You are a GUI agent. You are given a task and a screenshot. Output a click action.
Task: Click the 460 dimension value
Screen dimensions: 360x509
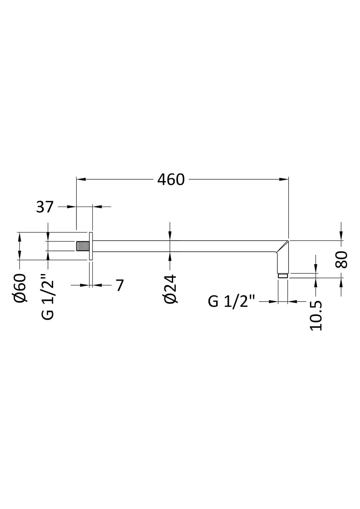pyautogui.click(x=171, y=180)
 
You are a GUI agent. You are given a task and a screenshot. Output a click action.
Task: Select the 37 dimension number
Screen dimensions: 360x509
pyautogui.click(x=45, y=207)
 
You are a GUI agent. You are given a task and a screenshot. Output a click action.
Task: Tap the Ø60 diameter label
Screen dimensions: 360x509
pyautogui.click(x=20, y=288)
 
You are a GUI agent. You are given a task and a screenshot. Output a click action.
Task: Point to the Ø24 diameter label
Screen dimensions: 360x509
pyautogui.click(x=170, y=289)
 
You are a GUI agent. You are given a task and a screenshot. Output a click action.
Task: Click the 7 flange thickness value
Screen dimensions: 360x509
pyautogui.click(x=120, y=285)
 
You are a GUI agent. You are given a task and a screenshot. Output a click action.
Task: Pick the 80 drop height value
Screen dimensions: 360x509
pyautogui.click(x=341, y=260)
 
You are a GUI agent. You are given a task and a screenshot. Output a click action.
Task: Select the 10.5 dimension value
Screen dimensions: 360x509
pyautogui.click(x=316, y=316)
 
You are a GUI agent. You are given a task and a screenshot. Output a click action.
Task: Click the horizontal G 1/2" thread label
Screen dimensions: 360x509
pyautogui.click(x=231, y=302)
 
